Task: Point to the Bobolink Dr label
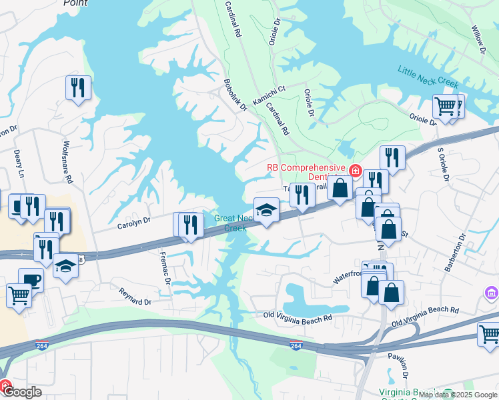coord(235,95)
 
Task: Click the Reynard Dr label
coord(135,297)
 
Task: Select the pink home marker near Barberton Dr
coord(492,293)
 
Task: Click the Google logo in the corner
coord(21,392)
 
